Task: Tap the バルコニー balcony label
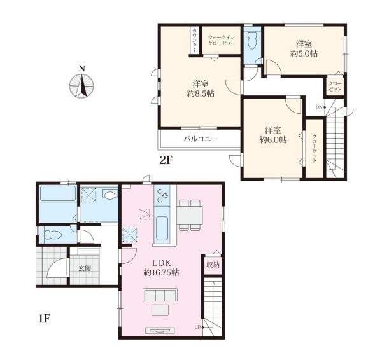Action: click(201, 139)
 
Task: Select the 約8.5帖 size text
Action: click(201, 93)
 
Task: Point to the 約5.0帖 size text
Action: click(304, 53)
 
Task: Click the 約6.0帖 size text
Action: click(273, 140)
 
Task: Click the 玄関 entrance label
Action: click(85, 268)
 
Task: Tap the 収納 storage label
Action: click(213, 265)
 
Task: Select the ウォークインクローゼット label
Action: click(221, 40)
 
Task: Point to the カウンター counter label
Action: click(195, 40)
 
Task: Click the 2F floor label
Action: click(166, 160)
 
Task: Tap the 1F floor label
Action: click(44, 319)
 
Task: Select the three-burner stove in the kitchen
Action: click(162, 196)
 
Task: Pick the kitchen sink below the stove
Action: click(162, 228)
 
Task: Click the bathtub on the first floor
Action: click(58, 193)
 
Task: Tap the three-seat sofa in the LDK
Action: click(160, 295)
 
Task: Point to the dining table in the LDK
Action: click(190, 215)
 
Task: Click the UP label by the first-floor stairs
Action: click(197, 327)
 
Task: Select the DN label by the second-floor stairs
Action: click(319, 107)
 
